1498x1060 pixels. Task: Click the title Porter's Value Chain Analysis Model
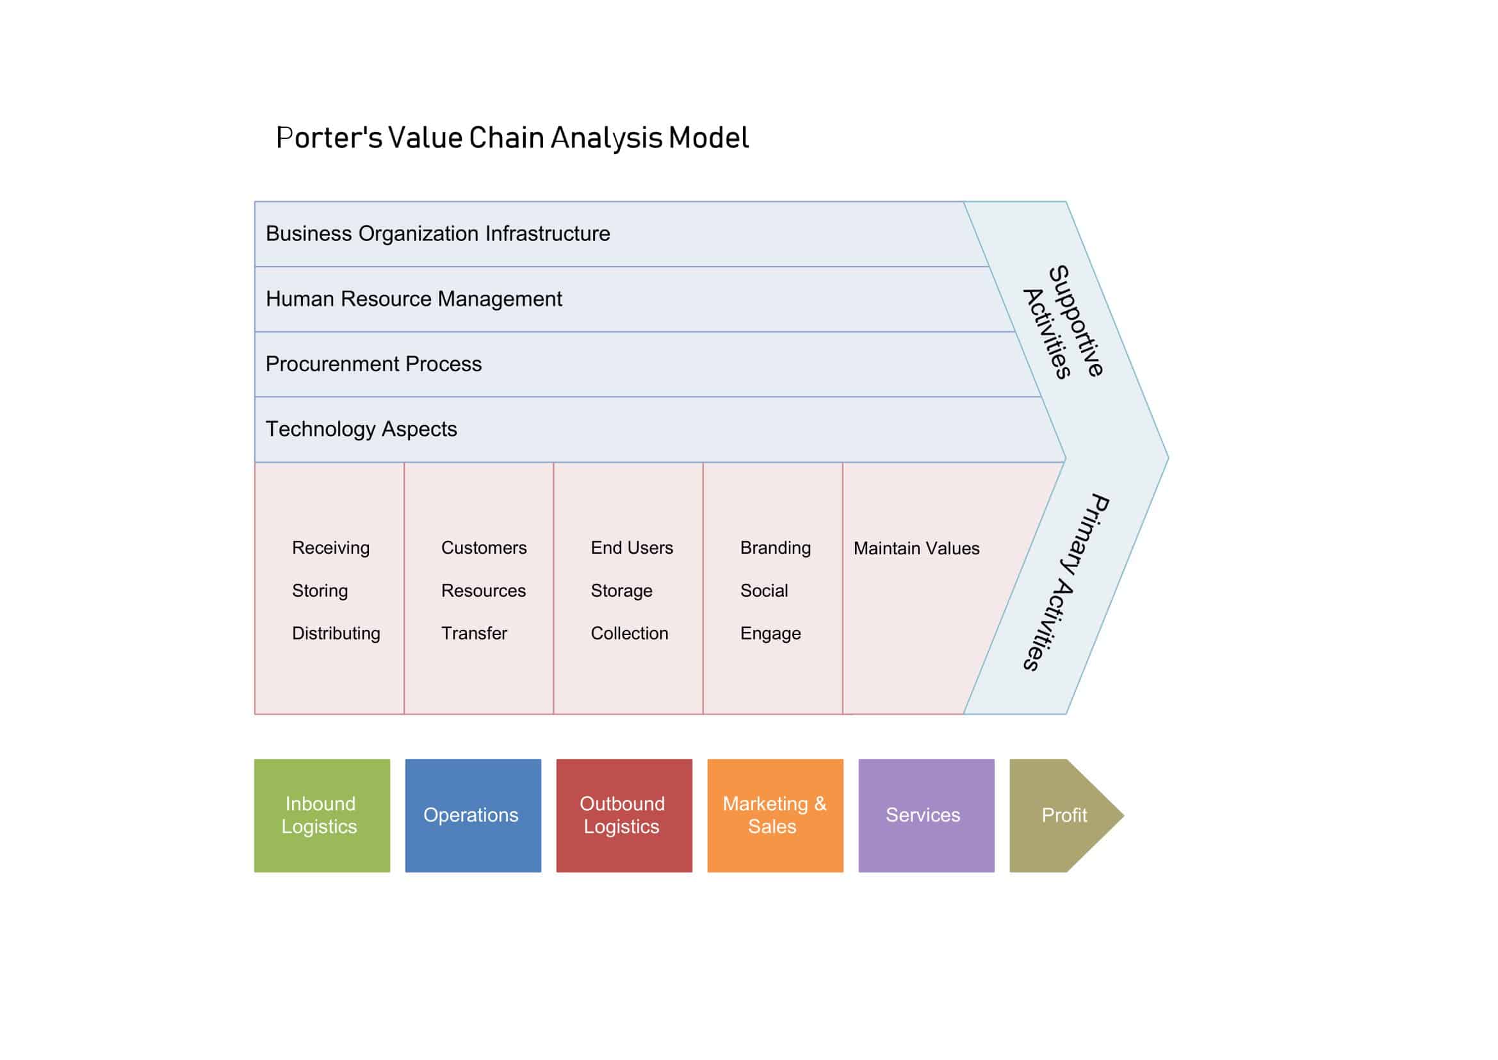512,138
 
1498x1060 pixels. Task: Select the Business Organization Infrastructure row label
437,234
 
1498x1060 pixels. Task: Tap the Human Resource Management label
414,299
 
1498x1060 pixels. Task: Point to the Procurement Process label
373,364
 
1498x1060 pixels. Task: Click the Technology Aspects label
361,429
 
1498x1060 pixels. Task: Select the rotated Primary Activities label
1066,582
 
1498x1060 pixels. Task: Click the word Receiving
330,547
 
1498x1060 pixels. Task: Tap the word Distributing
336,633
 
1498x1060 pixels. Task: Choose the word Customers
484,547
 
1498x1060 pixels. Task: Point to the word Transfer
474,633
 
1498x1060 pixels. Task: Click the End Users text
631,547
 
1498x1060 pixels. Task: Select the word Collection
629,633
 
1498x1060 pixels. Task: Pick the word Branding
775,547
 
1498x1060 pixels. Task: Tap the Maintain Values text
916,549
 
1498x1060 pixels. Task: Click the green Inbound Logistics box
322,815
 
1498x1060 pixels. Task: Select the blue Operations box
473,815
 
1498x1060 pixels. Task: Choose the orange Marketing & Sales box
774,815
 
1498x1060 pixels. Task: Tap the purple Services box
926,815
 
